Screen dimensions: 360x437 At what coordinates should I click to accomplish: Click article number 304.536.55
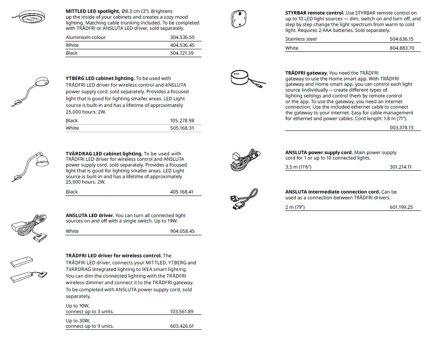(182, 37)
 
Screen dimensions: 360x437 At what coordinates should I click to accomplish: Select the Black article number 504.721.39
(182, 53)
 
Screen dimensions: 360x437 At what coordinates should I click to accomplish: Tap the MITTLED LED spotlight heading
(92, 11)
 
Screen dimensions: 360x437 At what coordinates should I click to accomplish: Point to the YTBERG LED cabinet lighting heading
(100, 78)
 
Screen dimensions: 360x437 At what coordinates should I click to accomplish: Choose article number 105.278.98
(182, 121)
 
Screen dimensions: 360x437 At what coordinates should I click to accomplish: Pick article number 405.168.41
(182, 192)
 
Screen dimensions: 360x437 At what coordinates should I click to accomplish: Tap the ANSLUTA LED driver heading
(90, 215)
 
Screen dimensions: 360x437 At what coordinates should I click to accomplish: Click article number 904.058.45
(182, 231)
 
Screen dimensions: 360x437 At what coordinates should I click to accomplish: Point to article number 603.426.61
(182, 326)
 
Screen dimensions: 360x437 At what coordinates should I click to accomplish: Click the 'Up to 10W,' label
(77, 306)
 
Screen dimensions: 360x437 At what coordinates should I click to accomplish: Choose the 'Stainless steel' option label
(301, 39)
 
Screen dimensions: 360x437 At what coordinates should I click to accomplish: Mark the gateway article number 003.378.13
(401, 128)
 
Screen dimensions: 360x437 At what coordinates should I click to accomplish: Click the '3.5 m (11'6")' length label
(298, 167)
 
